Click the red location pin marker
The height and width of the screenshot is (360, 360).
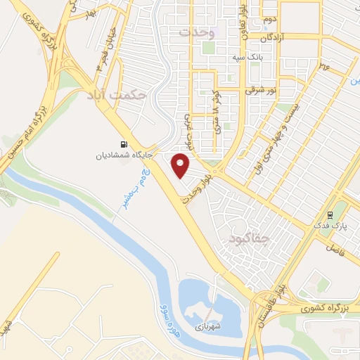point(181,165)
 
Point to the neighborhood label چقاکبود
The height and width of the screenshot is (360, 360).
point(249,240)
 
